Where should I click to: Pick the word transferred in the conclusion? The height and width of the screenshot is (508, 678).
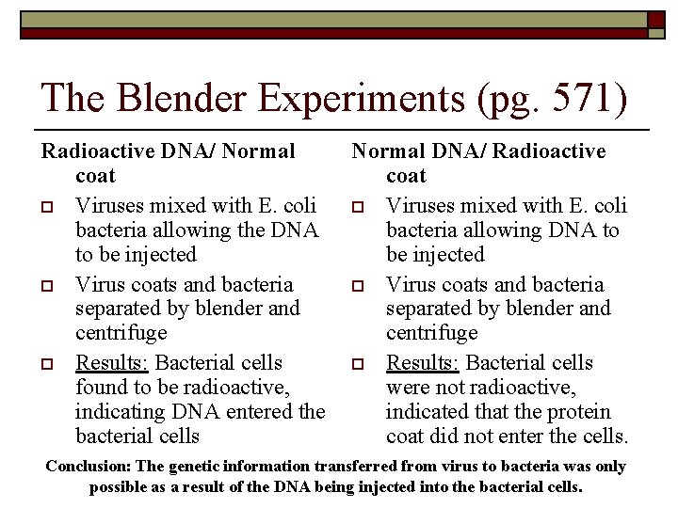(x=362, y=467)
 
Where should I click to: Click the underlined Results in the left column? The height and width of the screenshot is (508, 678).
(x=112, y=363)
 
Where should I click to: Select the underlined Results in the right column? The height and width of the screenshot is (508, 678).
(x=424, y=363)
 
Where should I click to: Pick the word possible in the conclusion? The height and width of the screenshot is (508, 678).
(x=118, y=487)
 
